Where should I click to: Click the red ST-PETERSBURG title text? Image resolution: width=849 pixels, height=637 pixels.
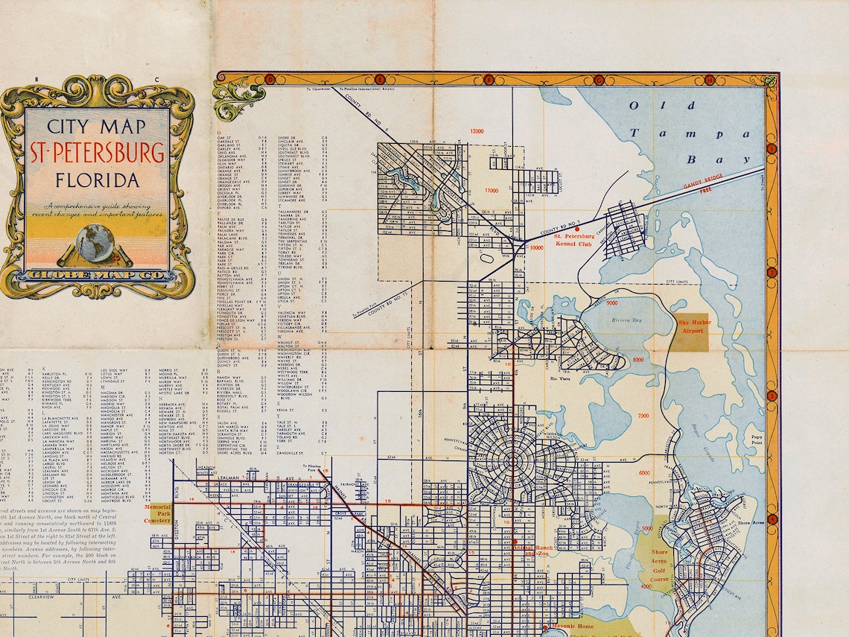(98, 152)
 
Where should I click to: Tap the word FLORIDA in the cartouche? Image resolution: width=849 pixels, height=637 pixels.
(98, 181)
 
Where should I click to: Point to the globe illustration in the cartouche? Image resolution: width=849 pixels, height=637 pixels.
(95, 243)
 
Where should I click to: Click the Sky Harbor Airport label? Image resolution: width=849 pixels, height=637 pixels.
(694, 326)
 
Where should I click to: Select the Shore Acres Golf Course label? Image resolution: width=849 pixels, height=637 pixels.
(659, 565)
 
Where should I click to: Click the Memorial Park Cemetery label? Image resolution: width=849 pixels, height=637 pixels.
(157, 513)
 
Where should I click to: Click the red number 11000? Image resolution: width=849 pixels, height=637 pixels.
(492, 191)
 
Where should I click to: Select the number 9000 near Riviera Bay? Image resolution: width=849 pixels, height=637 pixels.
(612, 304)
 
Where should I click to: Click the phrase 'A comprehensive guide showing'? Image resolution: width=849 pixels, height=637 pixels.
(97, 205)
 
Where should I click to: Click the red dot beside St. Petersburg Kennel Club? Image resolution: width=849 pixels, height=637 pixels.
(576, 229)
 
